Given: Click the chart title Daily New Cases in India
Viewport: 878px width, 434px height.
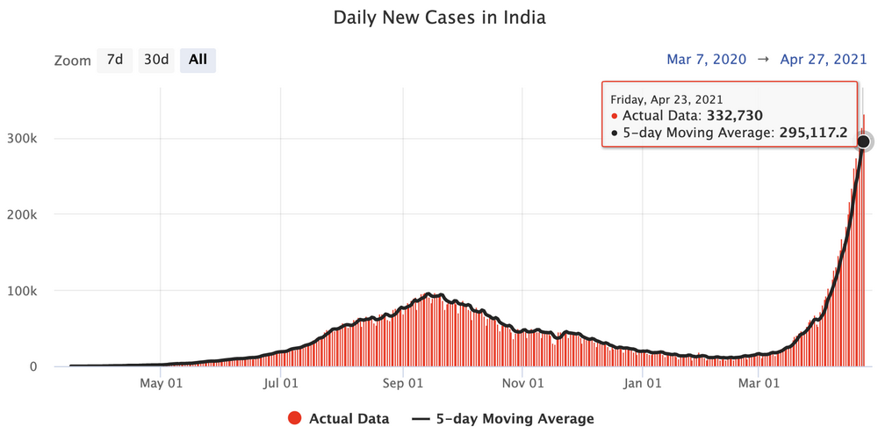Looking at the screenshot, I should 439,18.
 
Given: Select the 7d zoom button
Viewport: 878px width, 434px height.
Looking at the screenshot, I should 114,60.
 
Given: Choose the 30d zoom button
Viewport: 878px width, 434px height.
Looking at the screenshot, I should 156,60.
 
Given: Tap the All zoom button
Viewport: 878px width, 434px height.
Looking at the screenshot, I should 198,60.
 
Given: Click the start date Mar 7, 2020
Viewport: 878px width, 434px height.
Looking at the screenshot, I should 707,60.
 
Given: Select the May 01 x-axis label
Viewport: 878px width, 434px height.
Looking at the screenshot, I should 161,383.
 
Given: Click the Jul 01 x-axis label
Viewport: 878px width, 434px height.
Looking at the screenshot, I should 280,383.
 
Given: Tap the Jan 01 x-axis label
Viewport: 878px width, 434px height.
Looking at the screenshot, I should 642,383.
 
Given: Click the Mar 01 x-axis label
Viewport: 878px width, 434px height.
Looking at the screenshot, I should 759,383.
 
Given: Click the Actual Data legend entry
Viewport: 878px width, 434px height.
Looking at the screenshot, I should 338,419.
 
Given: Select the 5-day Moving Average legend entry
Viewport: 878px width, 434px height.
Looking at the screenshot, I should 503,419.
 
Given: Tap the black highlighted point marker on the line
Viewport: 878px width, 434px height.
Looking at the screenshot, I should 864,141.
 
